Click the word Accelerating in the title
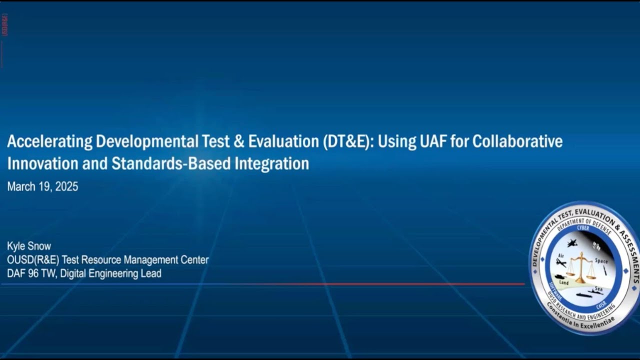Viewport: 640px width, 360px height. [50, 142]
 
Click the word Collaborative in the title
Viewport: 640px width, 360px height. [517, 142]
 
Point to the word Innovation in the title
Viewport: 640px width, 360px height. [42, 164]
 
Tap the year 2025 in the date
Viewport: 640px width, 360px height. [66, 187]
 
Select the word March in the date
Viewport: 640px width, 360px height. [20, 187]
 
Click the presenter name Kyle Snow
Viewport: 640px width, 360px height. [29, 246]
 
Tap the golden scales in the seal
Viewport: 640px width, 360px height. [581, 266]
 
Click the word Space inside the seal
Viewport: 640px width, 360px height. [601, 261]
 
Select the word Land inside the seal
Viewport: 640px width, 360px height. [563, 282]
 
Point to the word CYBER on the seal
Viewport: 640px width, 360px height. [583, 228]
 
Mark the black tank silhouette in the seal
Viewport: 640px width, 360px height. [558, 276]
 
